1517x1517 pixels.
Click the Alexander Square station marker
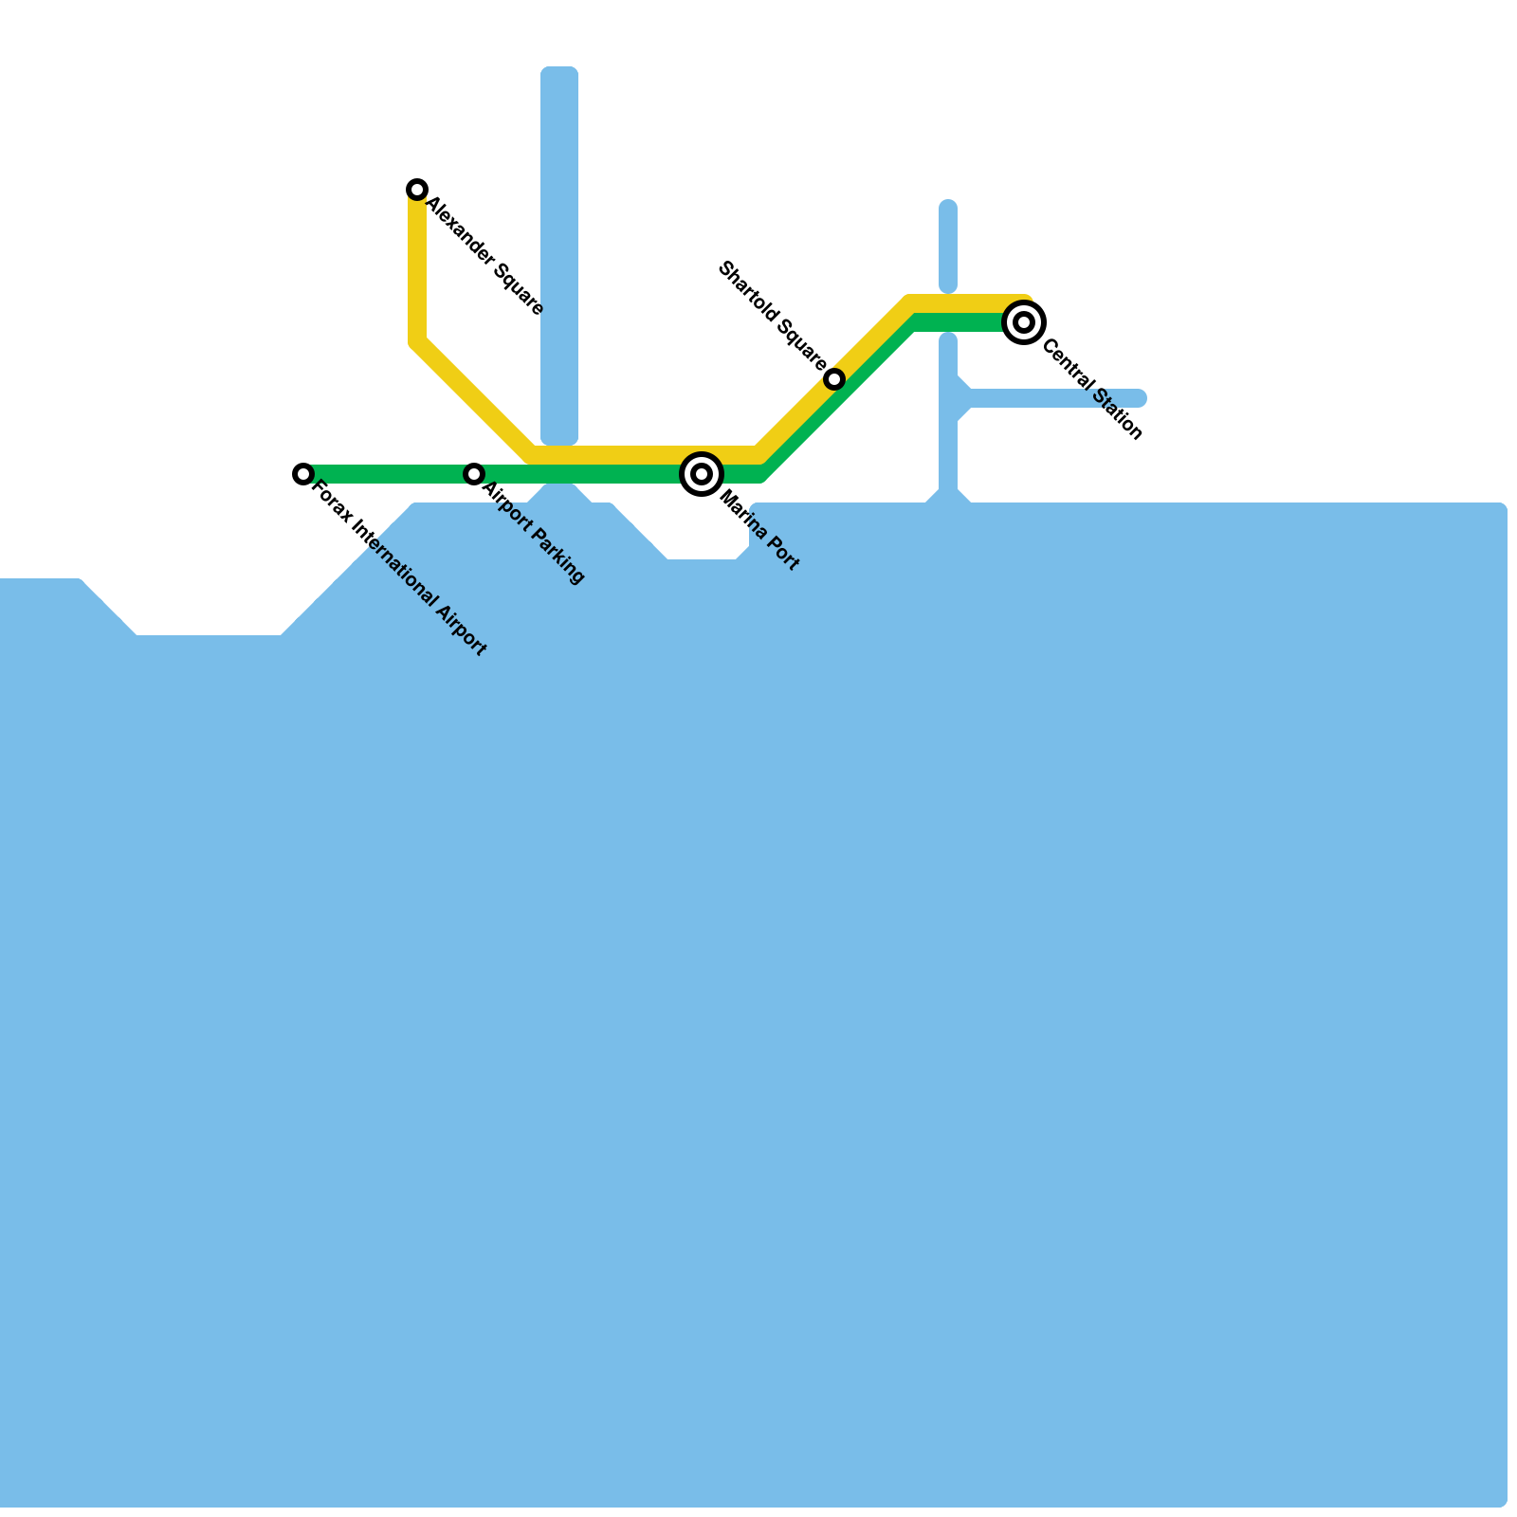tap(417, 190)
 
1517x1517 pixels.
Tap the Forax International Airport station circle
tap(303, 473)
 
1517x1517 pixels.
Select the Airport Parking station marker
tap(474, 473)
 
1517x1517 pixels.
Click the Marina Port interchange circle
tap(702, 473)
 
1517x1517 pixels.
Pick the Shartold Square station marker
tap(834, 379)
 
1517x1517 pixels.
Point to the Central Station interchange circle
tap(1024, 322)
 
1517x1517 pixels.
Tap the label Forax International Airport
tap(399, 569)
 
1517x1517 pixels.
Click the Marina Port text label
tap(759, 531)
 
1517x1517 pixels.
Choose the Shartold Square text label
tap(772, 315)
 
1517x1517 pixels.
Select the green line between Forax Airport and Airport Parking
tap(389, 473)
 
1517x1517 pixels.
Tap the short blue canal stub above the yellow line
tap(948, 245)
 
